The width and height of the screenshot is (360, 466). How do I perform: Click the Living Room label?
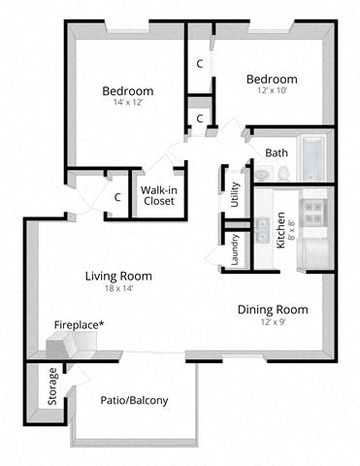coord(118,277)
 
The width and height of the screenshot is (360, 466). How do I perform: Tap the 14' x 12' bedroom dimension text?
coord(128,103)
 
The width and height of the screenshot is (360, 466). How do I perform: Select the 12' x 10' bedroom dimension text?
coord(273,90)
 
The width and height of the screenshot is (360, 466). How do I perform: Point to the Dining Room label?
coord(273,310)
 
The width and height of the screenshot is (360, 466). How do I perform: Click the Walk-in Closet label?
coord(159,195)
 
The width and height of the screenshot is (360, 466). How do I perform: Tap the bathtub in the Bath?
coord(312,158)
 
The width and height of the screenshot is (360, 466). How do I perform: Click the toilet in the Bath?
coord(283,173)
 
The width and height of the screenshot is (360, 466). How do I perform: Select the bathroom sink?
coord(262,175)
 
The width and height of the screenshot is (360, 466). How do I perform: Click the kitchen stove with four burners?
coord(314,213)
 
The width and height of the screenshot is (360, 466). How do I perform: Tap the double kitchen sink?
coord(263,230)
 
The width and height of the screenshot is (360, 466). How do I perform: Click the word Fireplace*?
coord(80,325)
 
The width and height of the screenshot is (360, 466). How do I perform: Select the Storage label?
coord(52,386)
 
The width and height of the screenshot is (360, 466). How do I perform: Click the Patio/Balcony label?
coord(134,401)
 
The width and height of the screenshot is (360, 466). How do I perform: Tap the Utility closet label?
coord(235,195)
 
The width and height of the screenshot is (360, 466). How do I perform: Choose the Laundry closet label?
coord(235,250)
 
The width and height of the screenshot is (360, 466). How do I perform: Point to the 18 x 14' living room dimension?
coord(118,288)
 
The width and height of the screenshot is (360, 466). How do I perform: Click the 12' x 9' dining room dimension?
coord(273,322)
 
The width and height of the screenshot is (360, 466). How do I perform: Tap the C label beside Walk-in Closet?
coord(117,197)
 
